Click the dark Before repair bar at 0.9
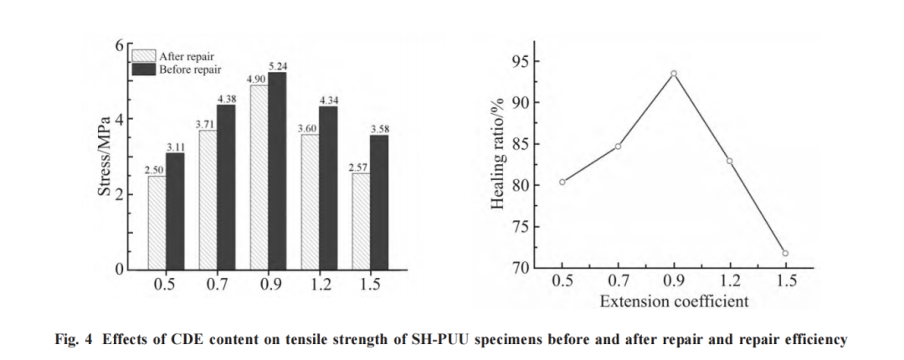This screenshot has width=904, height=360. point(277,171)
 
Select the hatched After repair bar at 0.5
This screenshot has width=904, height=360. point(157,223)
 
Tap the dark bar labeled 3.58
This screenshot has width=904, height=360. point(379,203)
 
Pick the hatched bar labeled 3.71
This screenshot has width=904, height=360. point(208,200)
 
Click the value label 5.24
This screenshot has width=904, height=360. point(278,66)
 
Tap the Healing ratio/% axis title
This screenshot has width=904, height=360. point(499,157)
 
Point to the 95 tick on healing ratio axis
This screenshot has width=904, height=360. point(522,62)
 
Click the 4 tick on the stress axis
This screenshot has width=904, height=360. point(120,119)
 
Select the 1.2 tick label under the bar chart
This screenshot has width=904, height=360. point(320,285)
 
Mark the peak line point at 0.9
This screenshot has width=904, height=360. point(673,74)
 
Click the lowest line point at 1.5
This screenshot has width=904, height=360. point(785,253)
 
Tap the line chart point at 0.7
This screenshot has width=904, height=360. point(618,147)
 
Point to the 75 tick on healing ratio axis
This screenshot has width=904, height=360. point(522,227)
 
